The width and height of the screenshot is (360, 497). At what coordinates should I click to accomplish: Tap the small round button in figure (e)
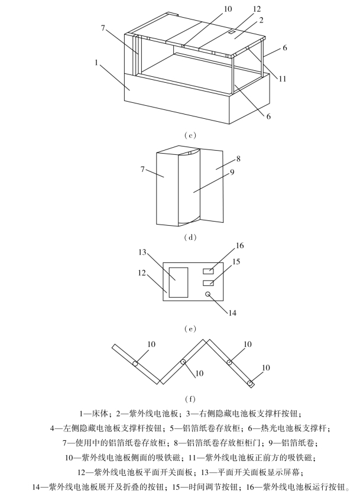tap(207, 294)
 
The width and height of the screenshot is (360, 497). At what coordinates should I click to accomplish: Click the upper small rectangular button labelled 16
tap(207, 271)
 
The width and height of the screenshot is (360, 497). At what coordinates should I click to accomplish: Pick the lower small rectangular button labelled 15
tap(207, 283)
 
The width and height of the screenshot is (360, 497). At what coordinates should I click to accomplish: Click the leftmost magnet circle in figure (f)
tap(135, 364)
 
